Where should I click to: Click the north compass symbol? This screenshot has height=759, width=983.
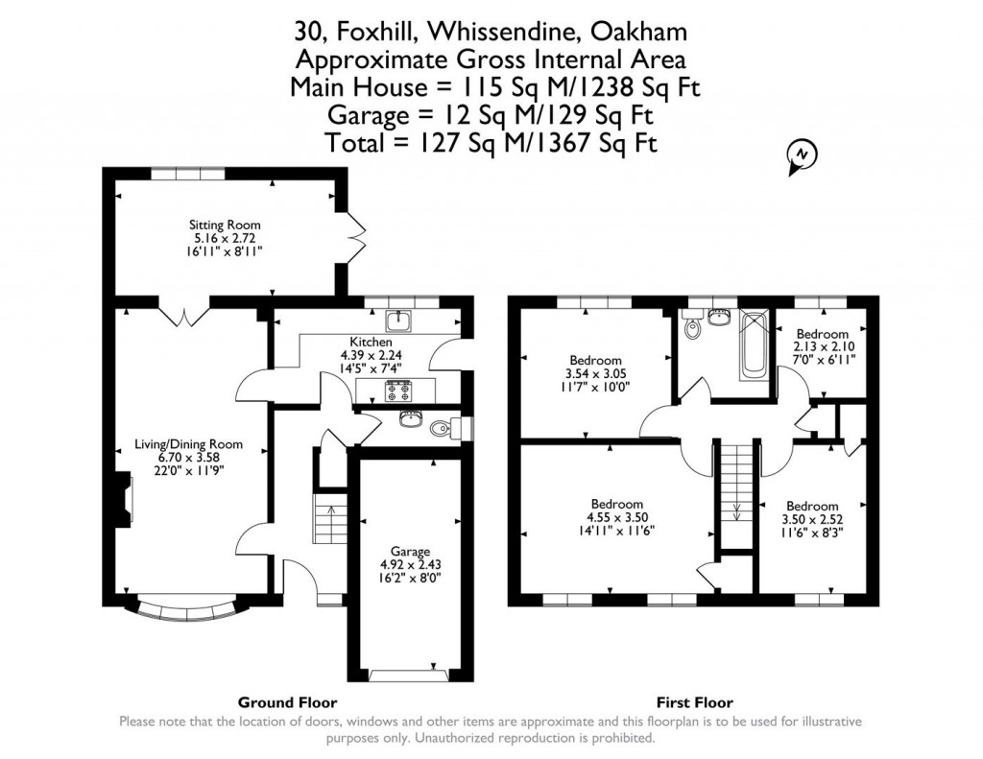point(800,155)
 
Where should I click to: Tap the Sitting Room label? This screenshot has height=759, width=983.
point(224,225)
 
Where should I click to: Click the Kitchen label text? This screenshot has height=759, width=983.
point(370,342)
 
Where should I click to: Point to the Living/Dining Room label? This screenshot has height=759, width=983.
point(188,444)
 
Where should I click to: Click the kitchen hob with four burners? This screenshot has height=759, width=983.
point(396,391)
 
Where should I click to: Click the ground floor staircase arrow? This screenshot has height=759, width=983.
point(330,510)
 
